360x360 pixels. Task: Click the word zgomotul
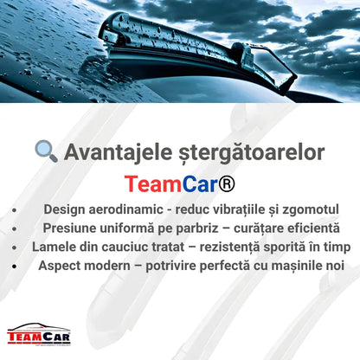[310, 209]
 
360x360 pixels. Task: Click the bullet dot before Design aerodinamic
[15, 209]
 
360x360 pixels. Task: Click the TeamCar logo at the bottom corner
[38, 334]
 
